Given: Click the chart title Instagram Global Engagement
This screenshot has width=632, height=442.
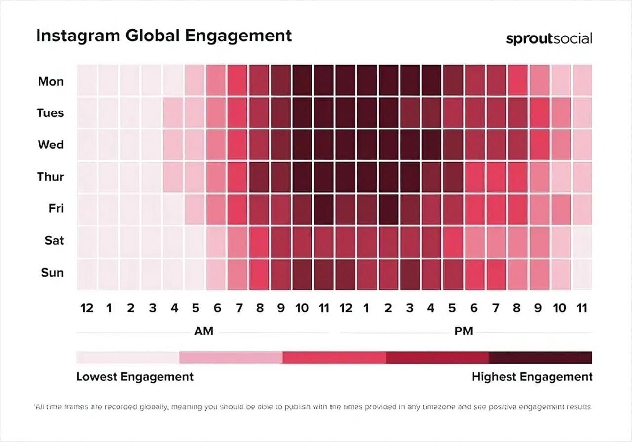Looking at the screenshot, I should tap(164, 36).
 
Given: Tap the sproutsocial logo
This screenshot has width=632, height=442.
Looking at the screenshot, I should tap(549, 39).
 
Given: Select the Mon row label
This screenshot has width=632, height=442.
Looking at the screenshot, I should tap(51, 81).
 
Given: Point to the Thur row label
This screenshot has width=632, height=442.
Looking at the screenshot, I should tap(50, 176).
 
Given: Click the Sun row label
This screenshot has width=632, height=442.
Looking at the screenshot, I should tap(52, 272).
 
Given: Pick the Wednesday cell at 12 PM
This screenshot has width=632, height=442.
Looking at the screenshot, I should tap(346, 145).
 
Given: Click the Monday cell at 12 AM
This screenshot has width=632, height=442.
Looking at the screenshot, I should tap(87, 81).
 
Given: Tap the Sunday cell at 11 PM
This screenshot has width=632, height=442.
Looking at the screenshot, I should tap(582, 272).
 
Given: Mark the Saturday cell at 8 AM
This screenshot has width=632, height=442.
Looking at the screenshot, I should tap(259, 241).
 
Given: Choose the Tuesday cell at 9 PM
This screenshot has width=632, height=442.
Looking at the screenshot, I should tap(539, 113).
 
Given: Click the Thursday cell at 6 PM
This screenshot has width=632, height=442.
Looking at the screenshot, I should tap(474, 177).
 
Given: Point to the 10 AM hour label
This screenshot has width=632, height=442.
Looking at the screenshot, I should tap(302, 308).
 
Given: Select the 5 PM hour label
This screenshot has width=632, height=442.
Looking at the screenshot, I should tap(452, 308).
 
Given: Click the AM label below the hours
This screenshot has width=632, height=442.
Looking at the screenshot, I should tap(203, 331).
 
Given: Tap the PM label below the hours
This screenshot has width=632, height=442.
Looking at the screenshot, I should tap(463, 331).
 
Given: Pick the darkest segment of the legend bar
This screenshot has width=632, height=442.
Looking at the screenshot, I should tap(540, 357).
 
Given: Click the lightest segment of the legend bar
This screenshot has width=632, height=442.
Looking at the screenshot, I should tap(127, 357).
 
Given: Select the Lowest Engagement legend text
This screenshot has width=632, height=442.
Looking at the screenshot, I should tap(135, 377).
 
